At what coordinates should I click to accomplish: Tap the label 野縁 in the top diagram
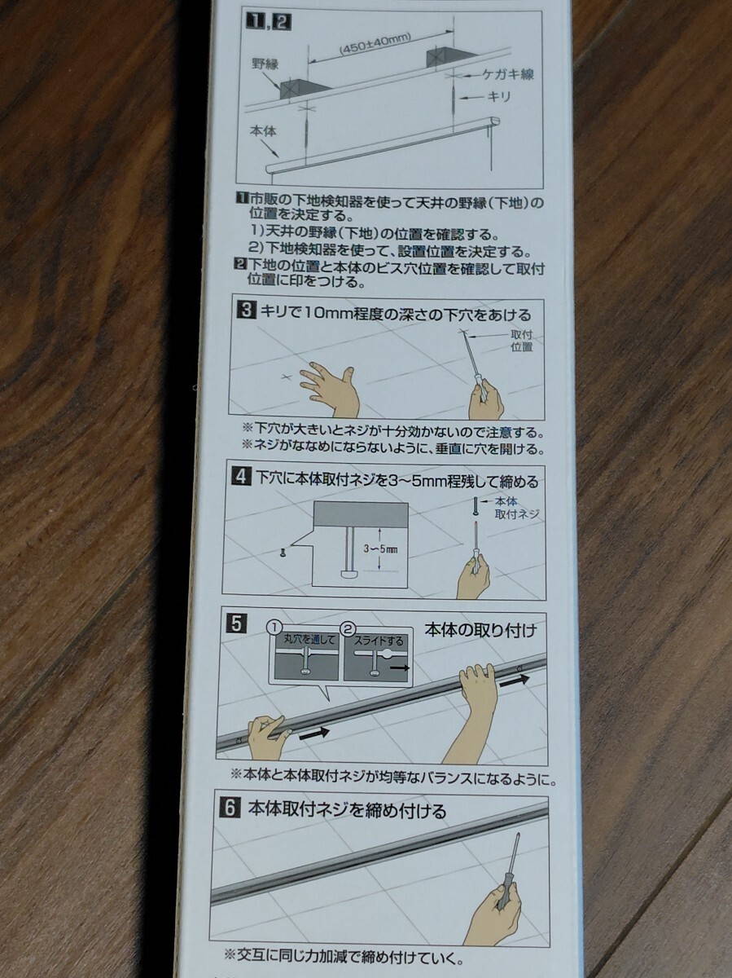click(x=265, y=64)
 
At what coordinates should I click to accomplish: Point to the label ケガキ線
click(x=508, y=74)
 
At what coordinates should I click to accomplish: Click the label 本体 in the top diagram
click(x=263, y=131)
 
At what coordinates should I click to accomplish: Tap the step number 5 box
click(x=237, y=623)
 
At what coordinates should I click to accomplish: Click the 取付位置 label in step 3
click(x=522, y=341)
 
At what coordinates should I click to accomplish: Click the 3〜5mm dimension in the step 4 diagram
click(x=380, y=549)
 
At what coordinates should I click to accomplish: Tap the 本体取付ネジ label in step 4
click(x=516, y=508)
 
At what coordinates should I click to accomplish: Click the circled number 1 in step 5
click(x=274, y=628)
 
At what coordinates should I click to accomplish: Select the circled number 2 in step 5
click(x=348, y=628)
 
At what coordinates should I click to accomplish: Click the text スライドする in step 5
click(x=379, y=641)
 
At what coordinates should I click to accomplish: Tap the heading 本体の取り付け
click(x=480, y=630)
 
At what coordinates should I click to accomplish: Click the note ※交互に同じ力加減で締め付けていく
click(x=344, y=954)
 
